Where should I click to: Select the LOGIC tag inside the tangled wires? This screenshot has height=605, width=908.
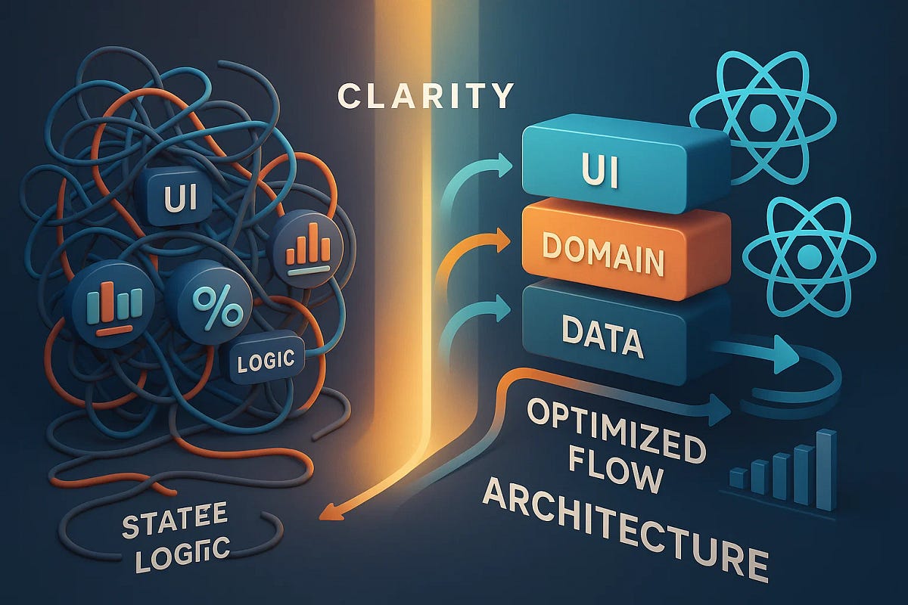pyautogui.click(x=266, y=360)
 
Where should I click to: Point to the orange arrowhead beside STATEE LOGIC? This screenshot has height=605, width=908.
pyautogui.click(x=326, y=515)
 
